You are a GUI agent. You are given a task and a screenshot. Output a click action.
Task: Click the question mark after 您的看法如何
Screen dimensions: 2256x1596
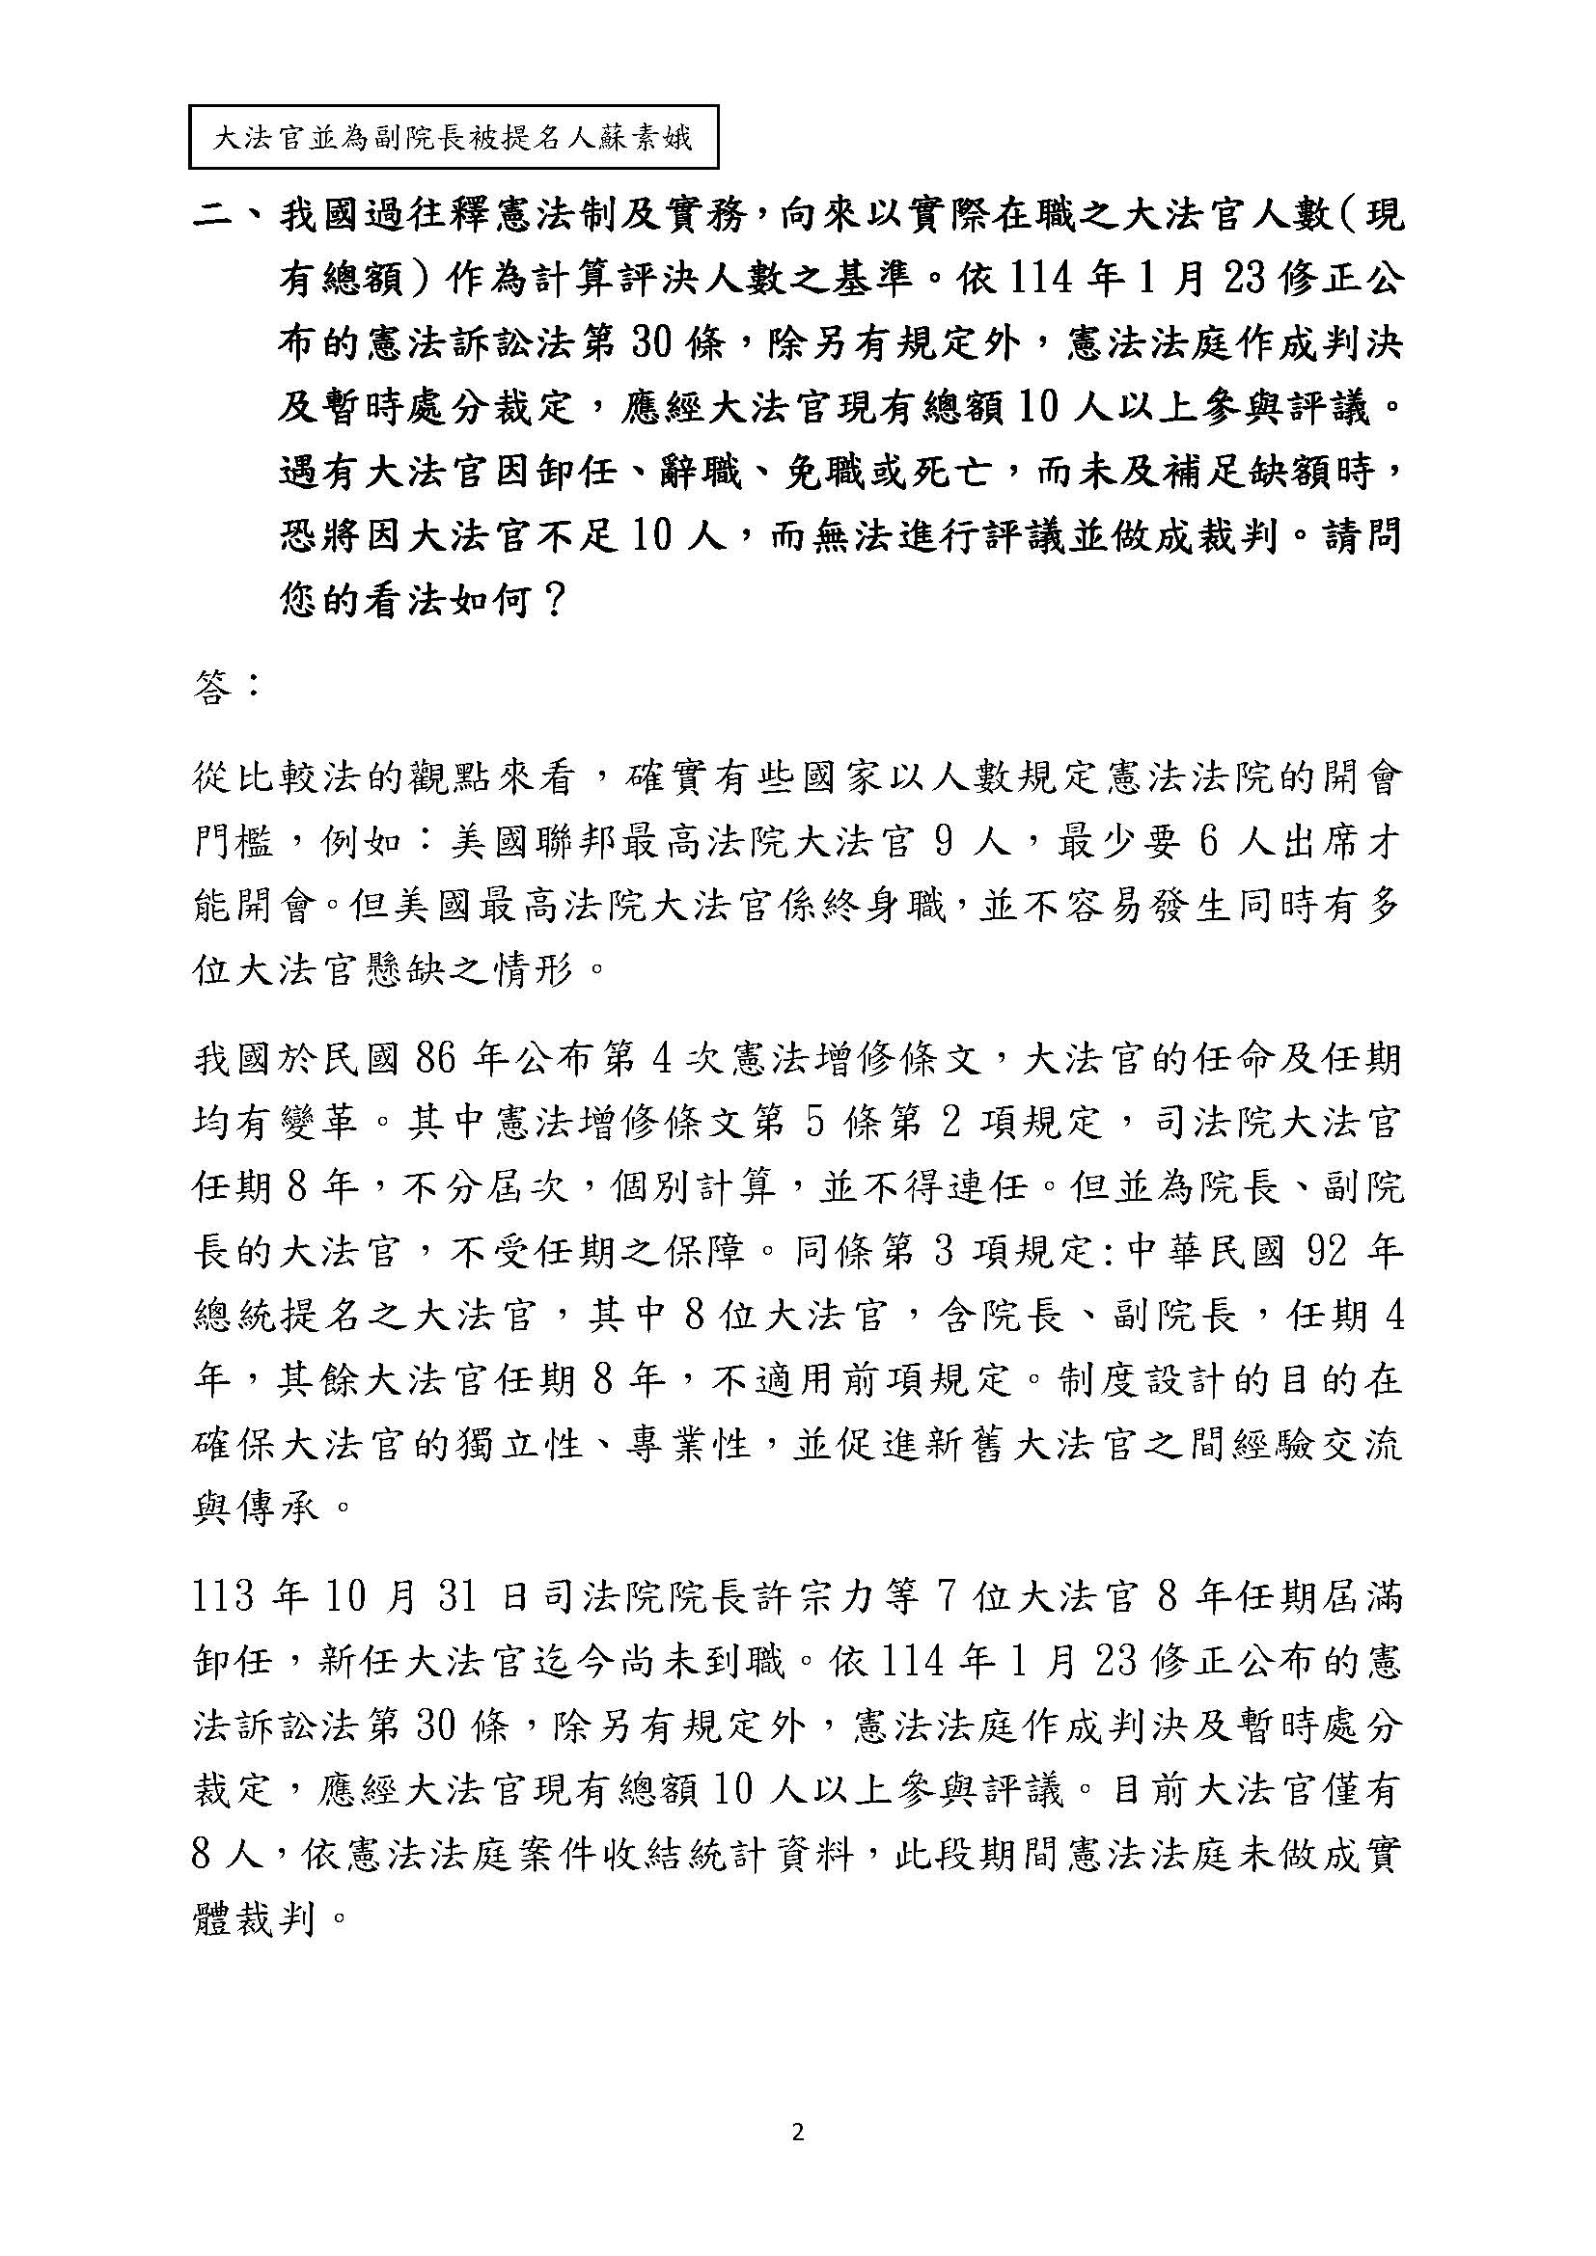[x=552, y=600]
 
